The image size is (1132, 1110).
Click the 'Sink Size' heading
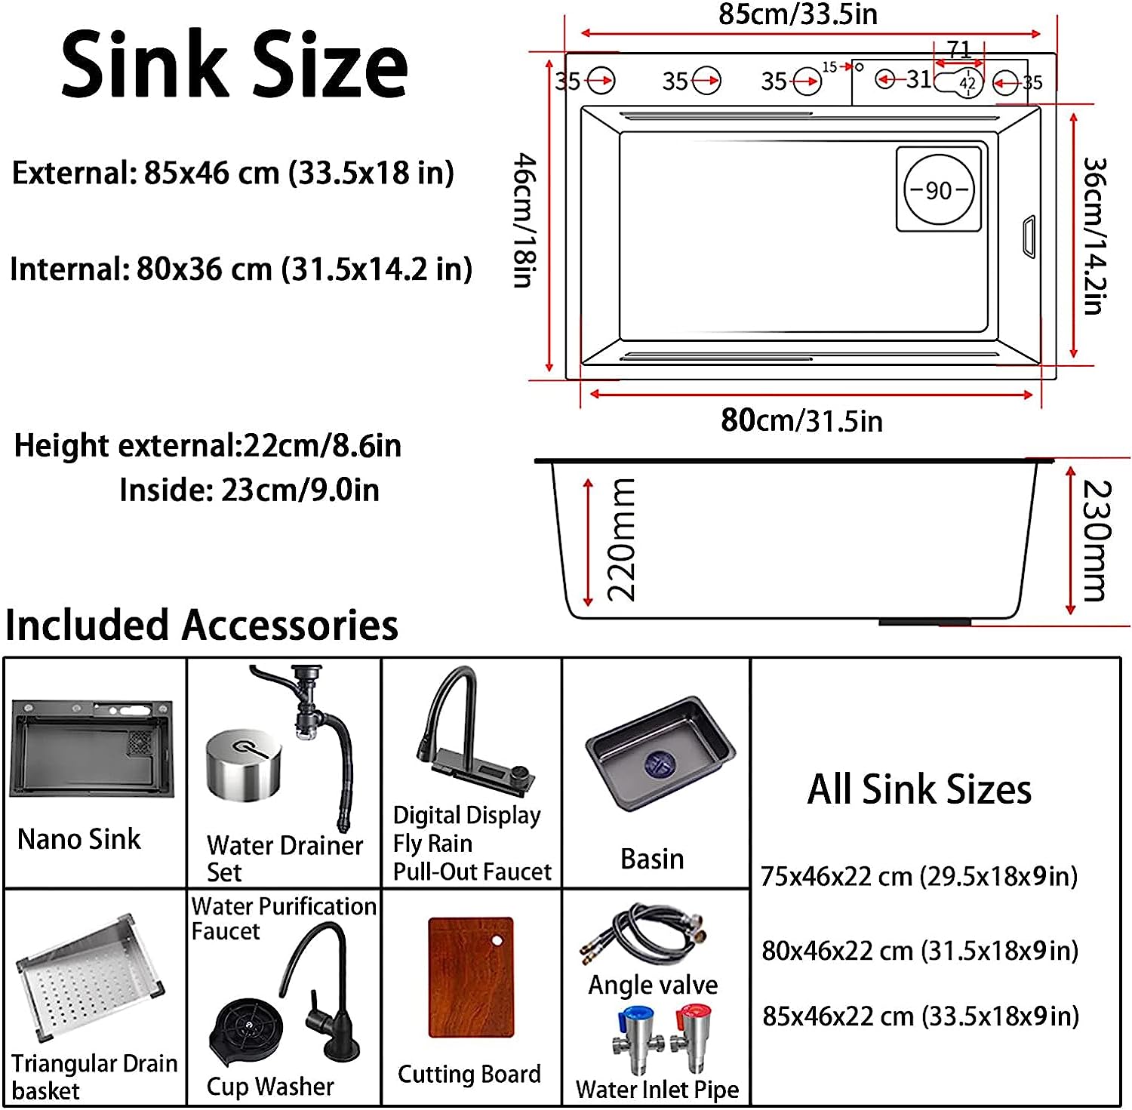(234, 66)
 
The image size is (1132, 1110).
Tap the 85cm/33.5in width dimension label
(798, 14)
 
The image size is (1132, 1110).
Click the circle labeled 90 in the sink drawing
(939, 189)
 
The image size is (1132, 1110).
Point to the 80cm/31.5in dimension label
(801, 420)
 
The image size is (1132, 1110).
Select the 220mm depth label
(621, 539)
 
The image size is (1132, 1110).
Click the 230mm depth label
(1096, 540)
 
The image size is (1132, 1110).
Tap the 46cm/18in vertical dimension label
(524, 220)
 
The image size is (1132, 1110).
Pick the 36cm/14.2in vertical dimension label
(1094, 235)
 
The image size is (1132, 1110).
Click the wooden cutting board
(471, 977)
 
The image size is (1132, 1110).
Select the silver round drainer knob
(243, 764)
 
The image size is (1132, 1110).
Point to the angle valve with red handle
(691, 1038)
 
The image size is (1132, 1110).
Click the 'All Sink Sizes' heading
(919, 790)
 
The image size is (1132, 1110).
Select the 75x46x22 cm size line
(919, 876)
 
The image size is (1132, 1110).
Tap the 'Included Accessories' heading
(201, 626)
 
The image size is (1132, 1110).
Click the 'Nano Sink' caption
(78, 838)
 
